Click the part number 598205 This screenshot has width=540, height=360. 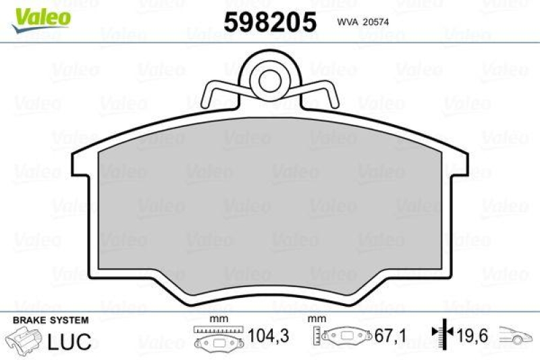pyautogui.click(x=269, y=22)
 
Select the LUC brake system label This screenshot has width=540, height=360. pyautogui.click(x=70, y=341)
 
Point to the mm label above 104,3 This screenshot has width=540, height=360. pyautogui.click(x=219, y=319)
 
